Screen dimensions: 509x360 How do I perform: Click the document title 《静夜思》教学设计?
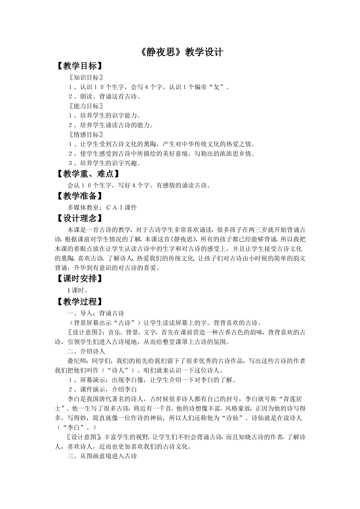[180, 52]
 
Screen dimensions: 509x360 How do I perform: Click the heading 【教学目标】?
[79, 66]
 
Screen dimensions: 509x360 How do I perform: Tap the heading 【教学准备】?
[79, 196]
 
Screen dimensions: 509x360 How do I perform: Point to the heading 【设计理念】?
[79, 219]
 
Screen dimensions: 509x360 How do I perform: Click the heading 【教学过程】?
[79, 301]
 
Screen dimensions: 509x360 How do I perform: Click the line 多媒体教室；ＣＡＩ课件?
[102, 208]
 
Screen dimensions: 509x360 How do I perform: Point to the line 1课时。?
[78, 290]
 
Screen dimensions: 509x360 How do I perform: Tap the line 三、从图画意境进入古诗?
[102, 456]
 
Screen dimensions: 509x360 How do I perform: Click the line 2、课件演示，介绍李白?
[102, 389]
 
